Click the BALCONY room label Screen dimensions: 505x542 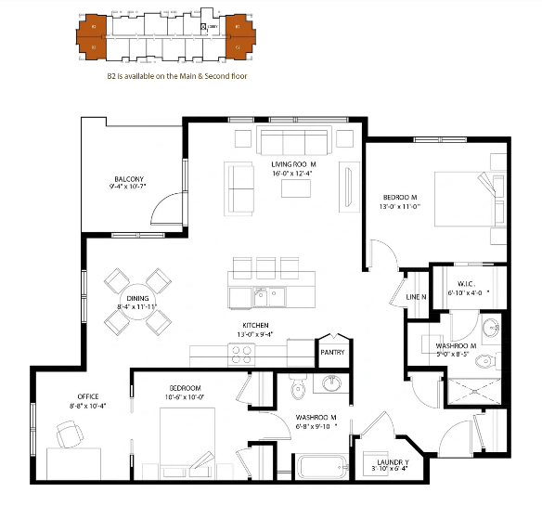(x=128, y=179)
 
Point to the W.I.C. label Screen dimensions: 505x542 (x=465, y=283)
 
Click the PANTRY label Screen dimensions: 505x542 (x=332, y=352)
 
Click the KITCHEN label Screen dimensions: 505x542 (x=257, y=325)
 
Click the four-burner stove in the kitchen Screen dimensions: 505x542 (x=243, y=354)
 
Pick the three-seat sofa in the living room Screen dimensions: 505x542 (x=293, y=143)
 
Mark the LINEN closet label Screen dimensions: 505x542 (x=417, y=296)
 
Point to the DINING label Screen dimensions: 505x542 (x=137, y=298)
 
